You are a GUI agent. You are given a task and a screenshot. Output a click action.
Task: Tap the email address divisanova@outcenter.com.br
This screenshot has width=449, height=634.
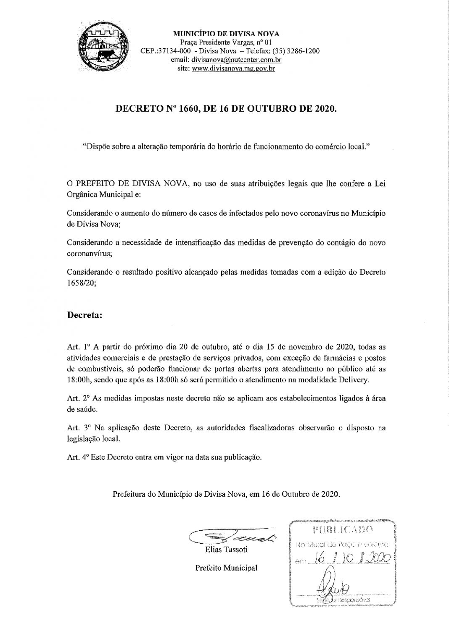click(x=236, y=60)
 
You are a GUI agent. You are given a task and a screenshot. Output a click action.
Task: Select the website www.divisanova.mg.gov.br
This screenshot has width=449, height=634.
click(x=233, y=68)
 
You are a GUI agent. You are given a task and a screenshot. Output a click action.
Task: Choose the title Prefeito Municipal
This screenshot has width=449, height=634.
click(x=226, y=568)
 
